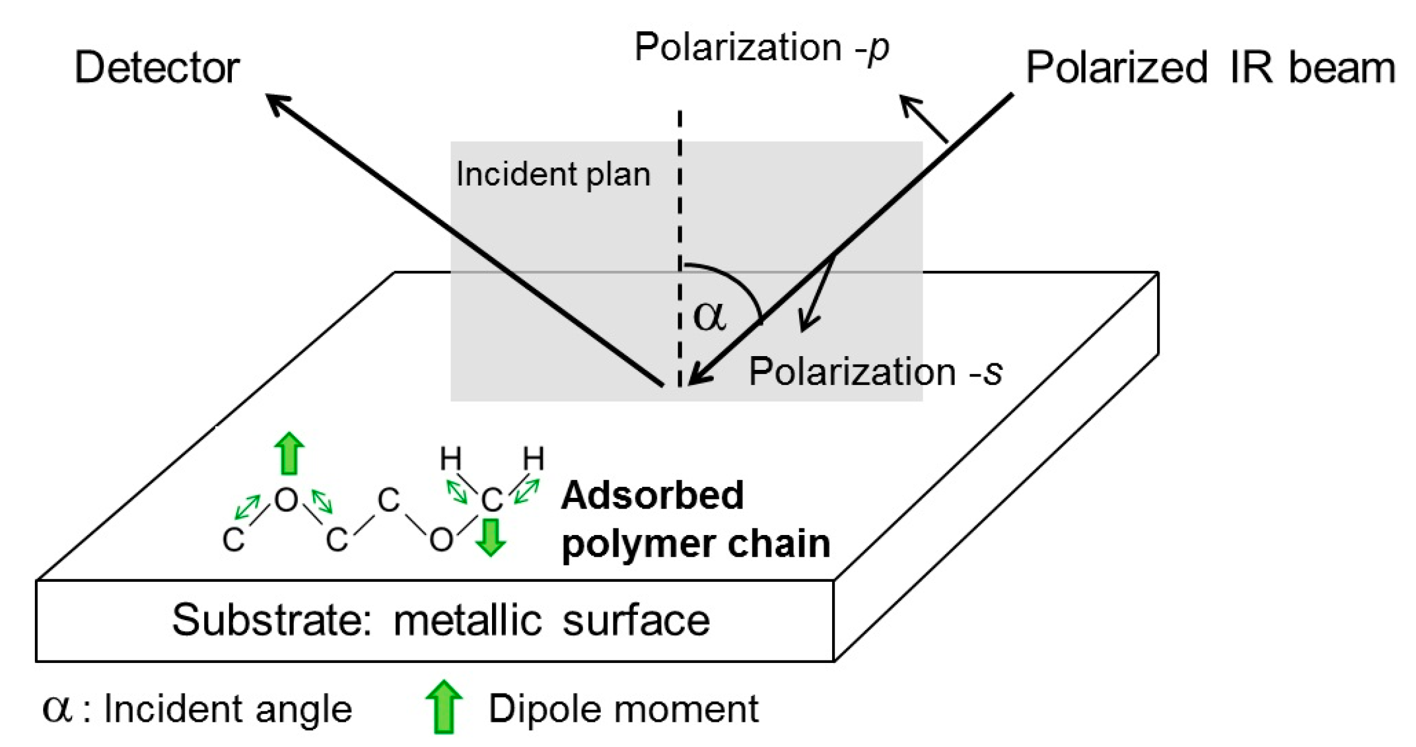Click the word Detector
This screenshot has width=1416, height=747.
pyautogui.click(x=157, y=67)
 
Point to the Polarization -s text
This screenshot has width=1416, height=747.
pyautogui.click(x=875, y=371)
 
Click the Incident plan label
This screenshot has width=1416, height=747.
pyautogui.click(x=553, y=174)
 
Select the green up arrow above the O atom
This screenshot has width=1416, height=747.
pyautogui.click(x=290, y=453)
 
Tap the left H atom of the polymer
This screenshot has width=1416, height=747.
pyautogui.click(x=451, y=459)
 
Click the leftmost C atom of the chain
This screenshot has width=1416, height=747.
pyautogui.click(x=233, y=539)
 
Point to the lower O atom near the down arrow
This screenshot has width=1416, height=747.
pyautogui.click(x=440, y=539)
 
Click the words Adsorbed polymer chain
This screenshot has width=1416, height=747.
pyautogui.click(x=695, y=519)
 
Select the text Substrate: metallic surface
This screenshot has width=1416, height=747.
pyautogui.click(x=440, y=620)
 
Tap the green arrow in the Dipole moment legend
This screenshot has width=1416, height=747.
pyautogui.click(x=443, y=706)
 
